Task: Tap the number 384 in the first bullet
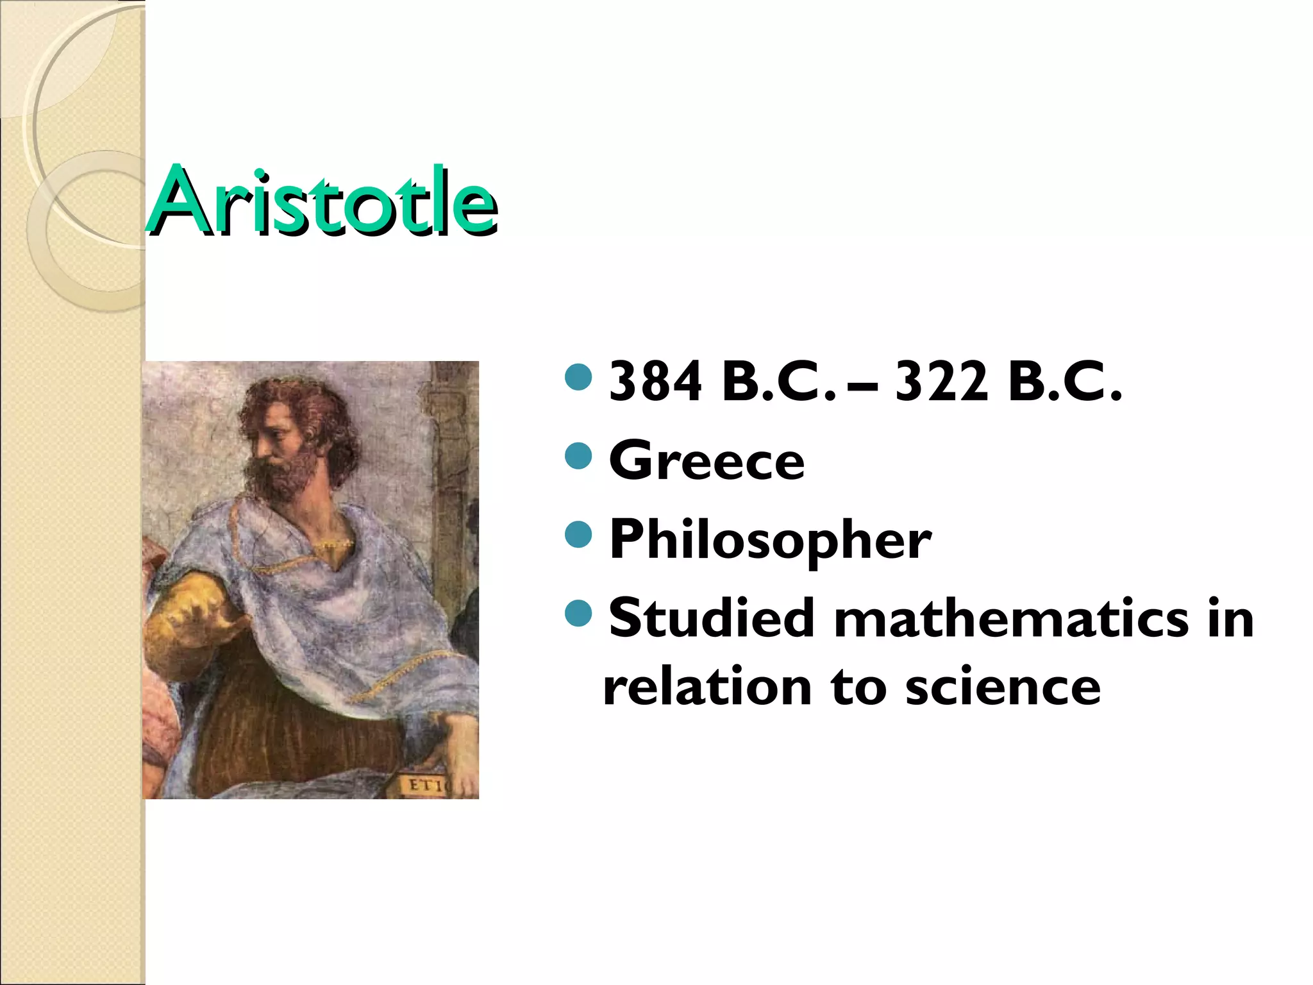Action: click(655, 382)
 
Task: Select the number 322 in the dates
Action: click(941, 382)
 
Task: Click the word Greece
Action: click(707, 460)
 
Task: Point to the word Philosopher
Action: click(770, 540)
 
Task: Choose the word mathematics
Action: click(1011, 619)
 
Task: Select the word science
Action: click(1003, 687)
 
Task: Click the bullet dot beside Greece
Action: click(578, 456)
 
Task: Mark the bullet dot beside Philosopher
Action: click(578, 535)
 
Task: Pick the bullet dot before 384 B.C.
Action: click(578, 377)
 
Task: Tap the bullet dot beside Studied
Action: click(578, 613)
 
